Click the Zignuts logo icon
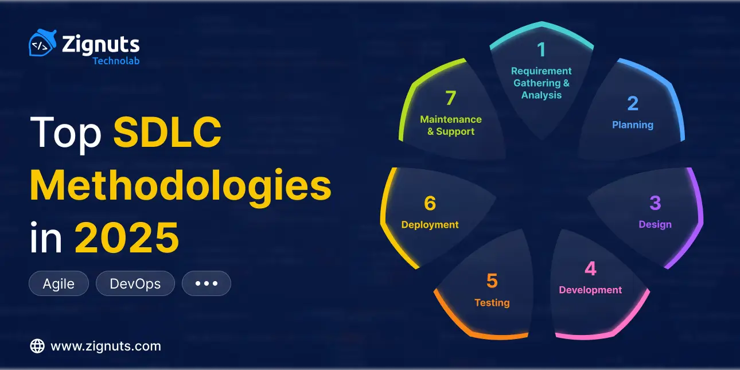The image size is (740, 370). point(42,44)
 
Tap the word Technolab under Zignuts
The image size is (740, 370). point(116,60)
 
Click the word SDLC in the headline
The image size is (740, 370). point(168,133)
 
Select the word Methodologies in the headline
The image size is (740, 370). point(181,185)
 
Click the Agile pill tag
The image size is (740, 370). point(59,283)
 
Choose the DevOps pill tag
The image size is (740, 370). point(135,283)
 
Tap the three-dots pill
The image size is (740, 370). point(206,283)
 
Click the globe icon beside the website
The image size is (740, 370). point(37,346)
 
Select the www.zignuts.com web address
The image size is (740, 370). point(106,346)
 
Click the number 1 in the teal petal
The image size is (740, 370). point(541,50)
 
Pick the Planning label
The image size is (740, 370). point(632,124)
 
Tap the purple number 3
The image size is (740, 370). point(655,203)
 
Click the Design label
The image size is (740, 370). point(655,224)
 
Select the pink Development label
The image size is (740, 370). point(590,290)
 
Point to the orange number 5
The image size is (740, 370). point(492,281)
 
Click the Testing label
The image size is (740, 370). point(492,302)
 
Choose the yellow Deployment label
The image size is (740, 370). point(430,224)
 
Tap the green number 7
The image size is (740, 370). point(450,98)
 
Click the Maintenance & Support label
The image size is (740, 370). point(451,125)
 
